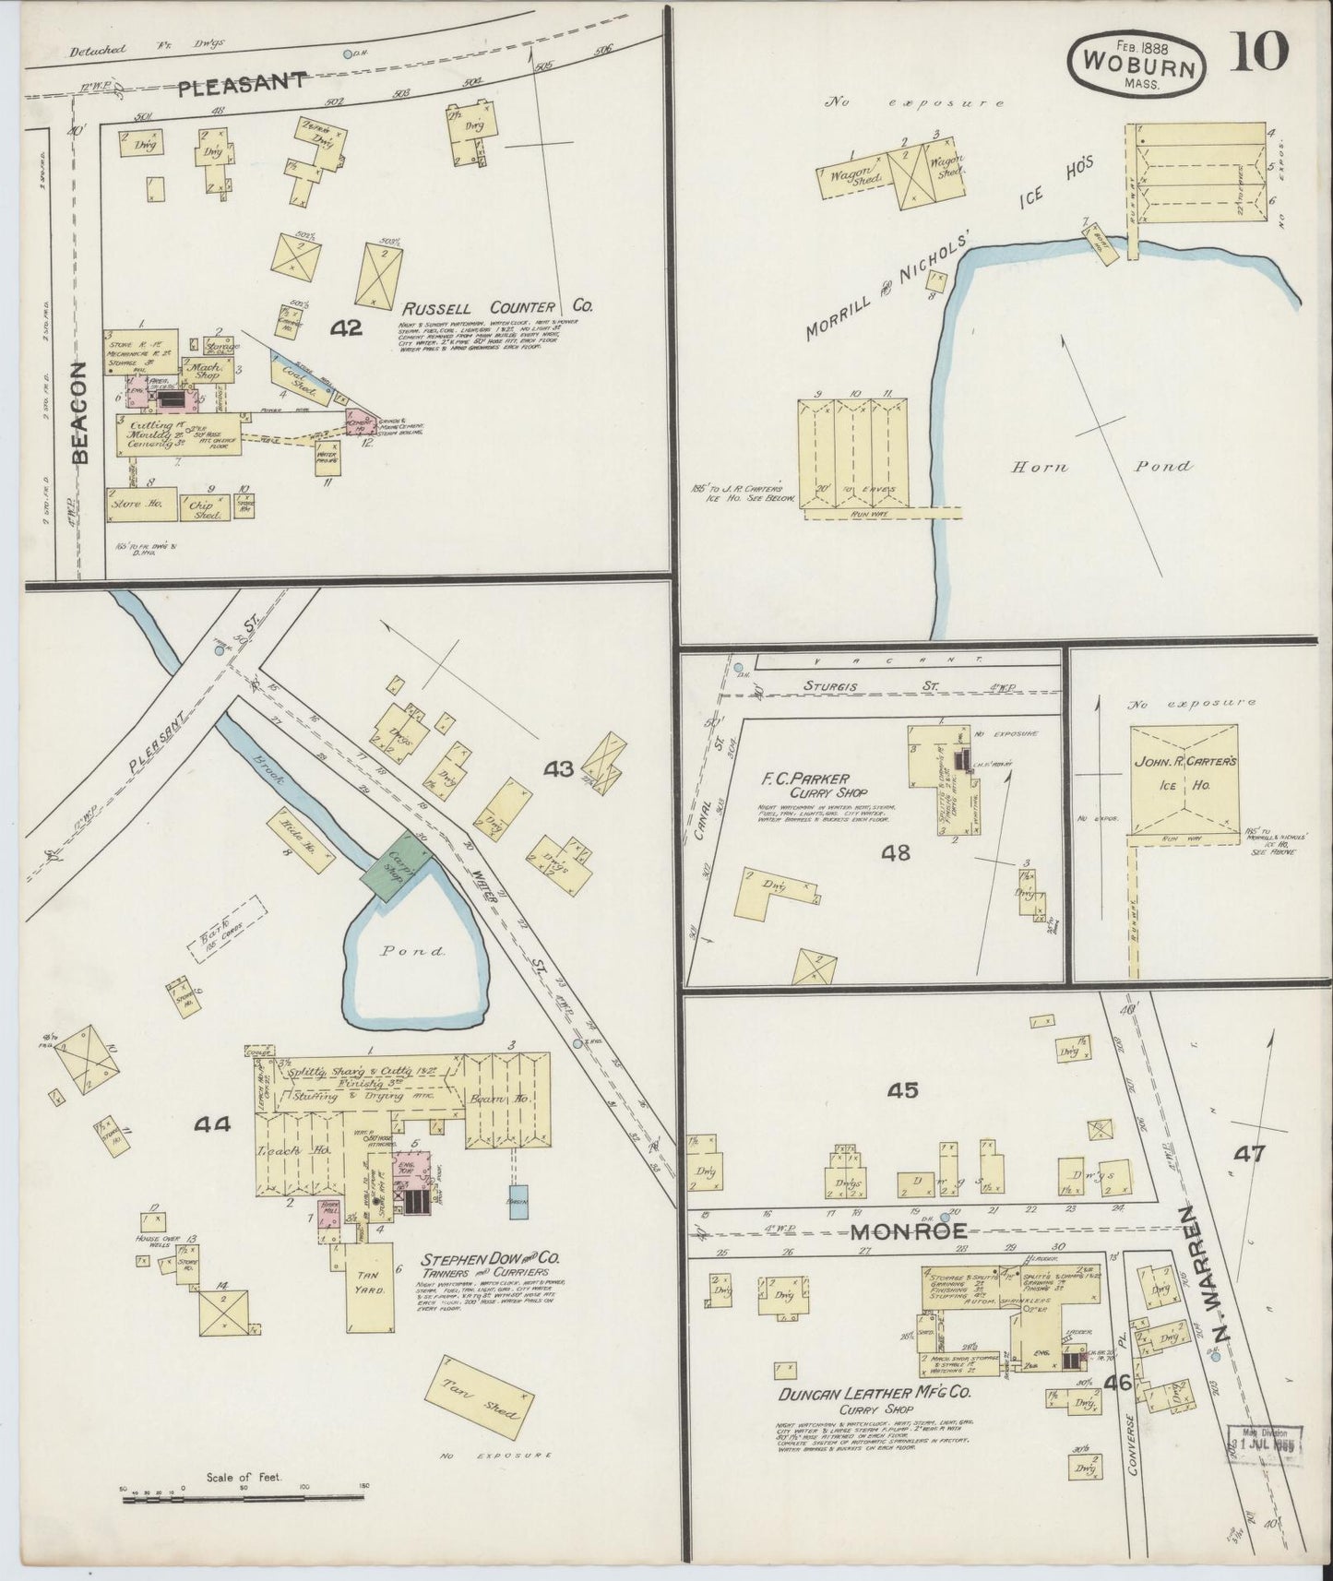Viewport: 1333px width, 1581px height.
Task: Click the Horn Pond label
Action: click(1101, 467)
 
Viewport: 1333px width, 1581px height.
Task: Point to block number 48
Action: click(895, 852)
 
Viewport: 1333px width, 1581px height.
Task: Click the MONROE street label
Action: click(908, 1230)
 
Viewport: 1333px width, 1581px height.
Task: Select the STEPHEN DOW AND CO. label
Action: click(489, 1258)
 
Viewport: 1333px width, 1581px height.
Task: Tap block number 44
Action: click(212, 1123)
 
